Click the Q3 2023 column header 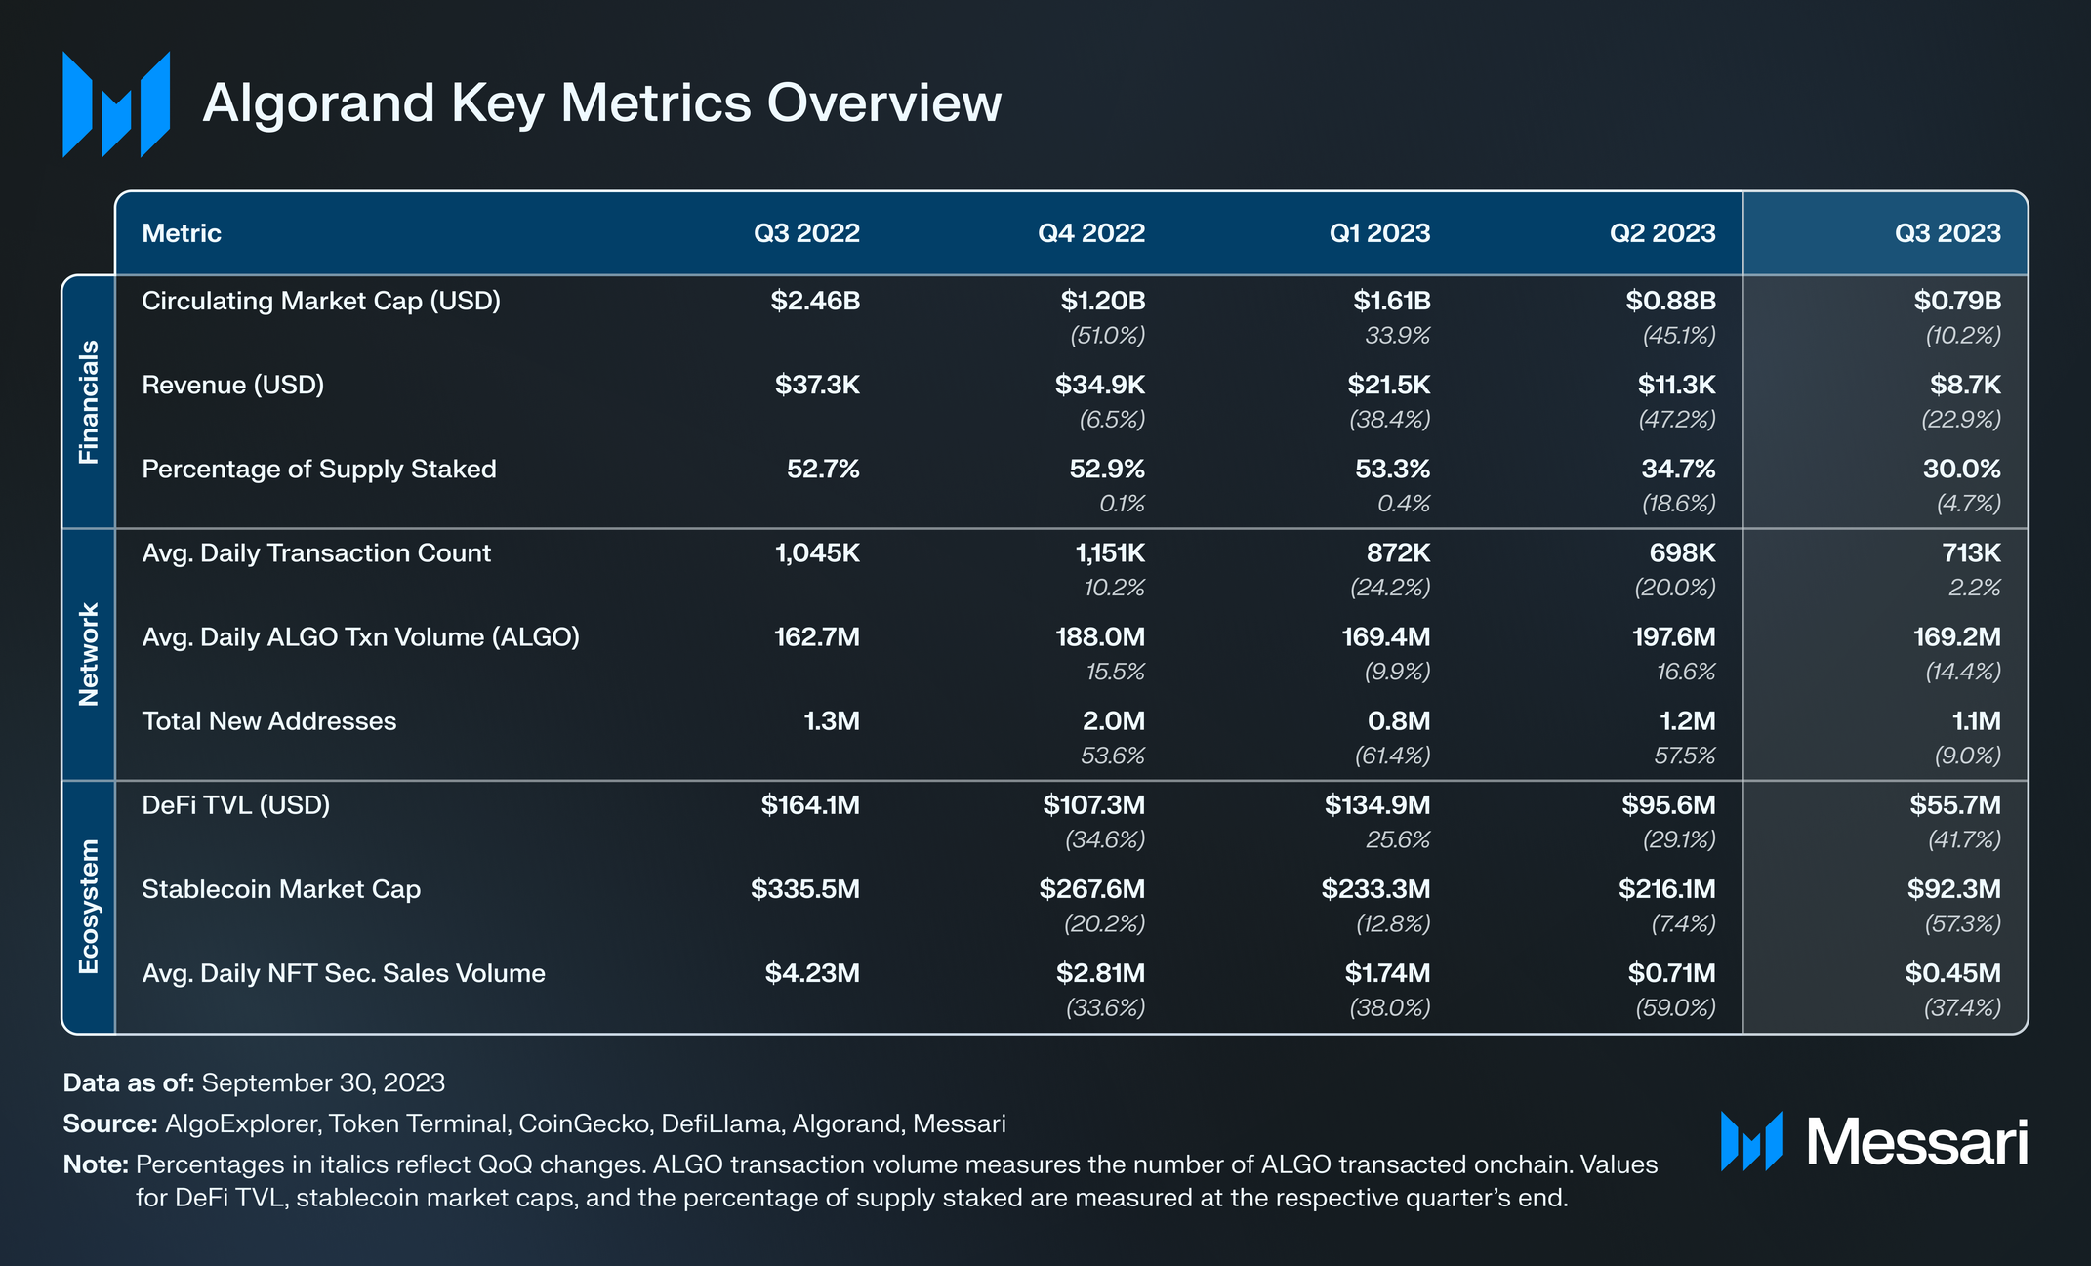tap(1947, 233)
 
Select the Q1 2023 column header tap(1378, 233)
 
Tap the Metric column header tap(182, 233)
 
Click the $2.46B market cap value tap(815, 301)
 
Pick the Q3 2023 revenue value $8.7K tap(1964, 385)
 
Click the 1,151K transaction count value tap(1110, 553)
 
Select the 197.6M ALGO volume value tap(1673, 637)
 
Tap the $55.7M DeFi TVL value tap(1954, 805)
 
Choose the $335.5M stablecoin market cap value tap(805, 889)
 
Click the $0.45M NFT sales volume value tap(1952, 973)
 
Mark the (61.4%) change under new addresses tap(1392, 756)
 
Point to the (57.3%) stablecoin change tap(1962, 923)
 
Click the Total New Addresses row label tap(269, 721)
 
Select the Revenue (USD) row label tap(232, 385)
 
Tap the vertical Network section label tap(89, 654)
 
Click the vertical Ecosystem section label tap(89, 906)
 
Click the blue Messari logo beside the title tap(116, 104)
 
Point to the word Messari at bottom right tap(1916, 1142)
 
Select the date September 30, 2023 tap(323, 1082)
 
